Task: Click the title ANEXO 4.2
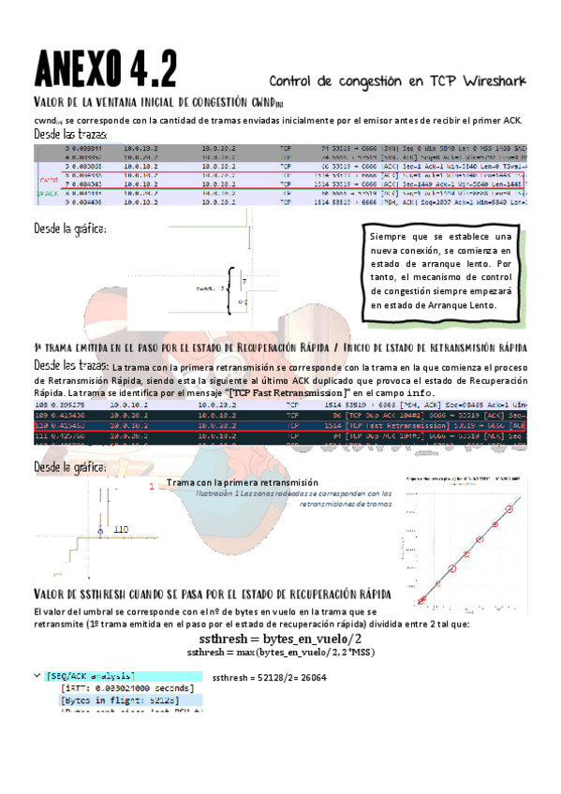click(x=105, y=68)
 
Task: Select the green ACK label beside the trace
click(x=47, y=194)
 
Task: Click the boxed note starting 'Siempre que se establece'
click(x=440, y=272)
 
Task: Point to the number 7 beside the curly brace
click(x=244, y=280)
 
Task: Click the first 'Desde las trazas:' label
click(x=70, y=135)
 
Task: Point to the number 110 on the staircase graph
click(x=121, y=529)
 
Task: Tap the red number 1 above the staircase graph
click(x=151, y=487)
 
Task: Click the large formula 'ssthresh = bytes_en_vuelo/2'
click(x=281, y=638)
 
